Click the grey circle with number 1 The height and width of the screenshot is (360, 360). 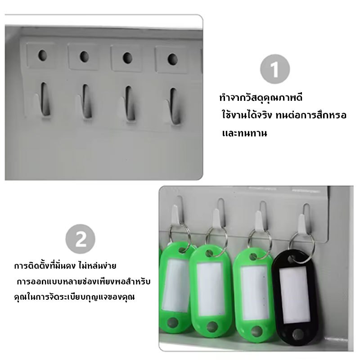[275, 69]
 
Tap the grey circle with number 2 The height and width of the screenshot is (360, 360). [81, 239]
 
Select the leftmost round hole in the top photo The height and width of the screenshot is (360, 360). [42, 55]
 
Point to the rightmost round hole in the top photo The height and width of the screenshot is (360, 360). [172, 59]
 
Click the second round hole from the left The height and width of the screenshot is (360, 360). [84, 57]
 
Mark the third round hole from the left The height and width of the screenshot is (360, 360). [127, 58]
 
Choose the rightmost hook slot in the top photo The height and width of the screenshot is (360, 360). [175, 106]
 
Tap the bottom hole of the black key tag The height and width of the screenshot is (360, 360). [298, 333]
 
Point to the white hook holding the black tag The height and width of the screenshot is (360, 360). [302, 223]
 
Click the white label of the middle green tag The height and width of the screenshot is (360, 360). [210, 289]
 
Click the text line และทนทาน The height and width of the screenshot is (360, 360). [244, 133]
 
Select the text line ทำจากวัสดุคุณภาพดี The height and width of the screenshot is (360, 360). [261, 97]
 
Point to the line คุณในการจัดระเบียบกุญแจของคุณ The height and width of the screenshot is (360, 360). [74, 297]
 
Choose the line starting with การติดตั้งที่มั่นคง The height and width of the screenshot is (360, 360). [65, 265]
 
